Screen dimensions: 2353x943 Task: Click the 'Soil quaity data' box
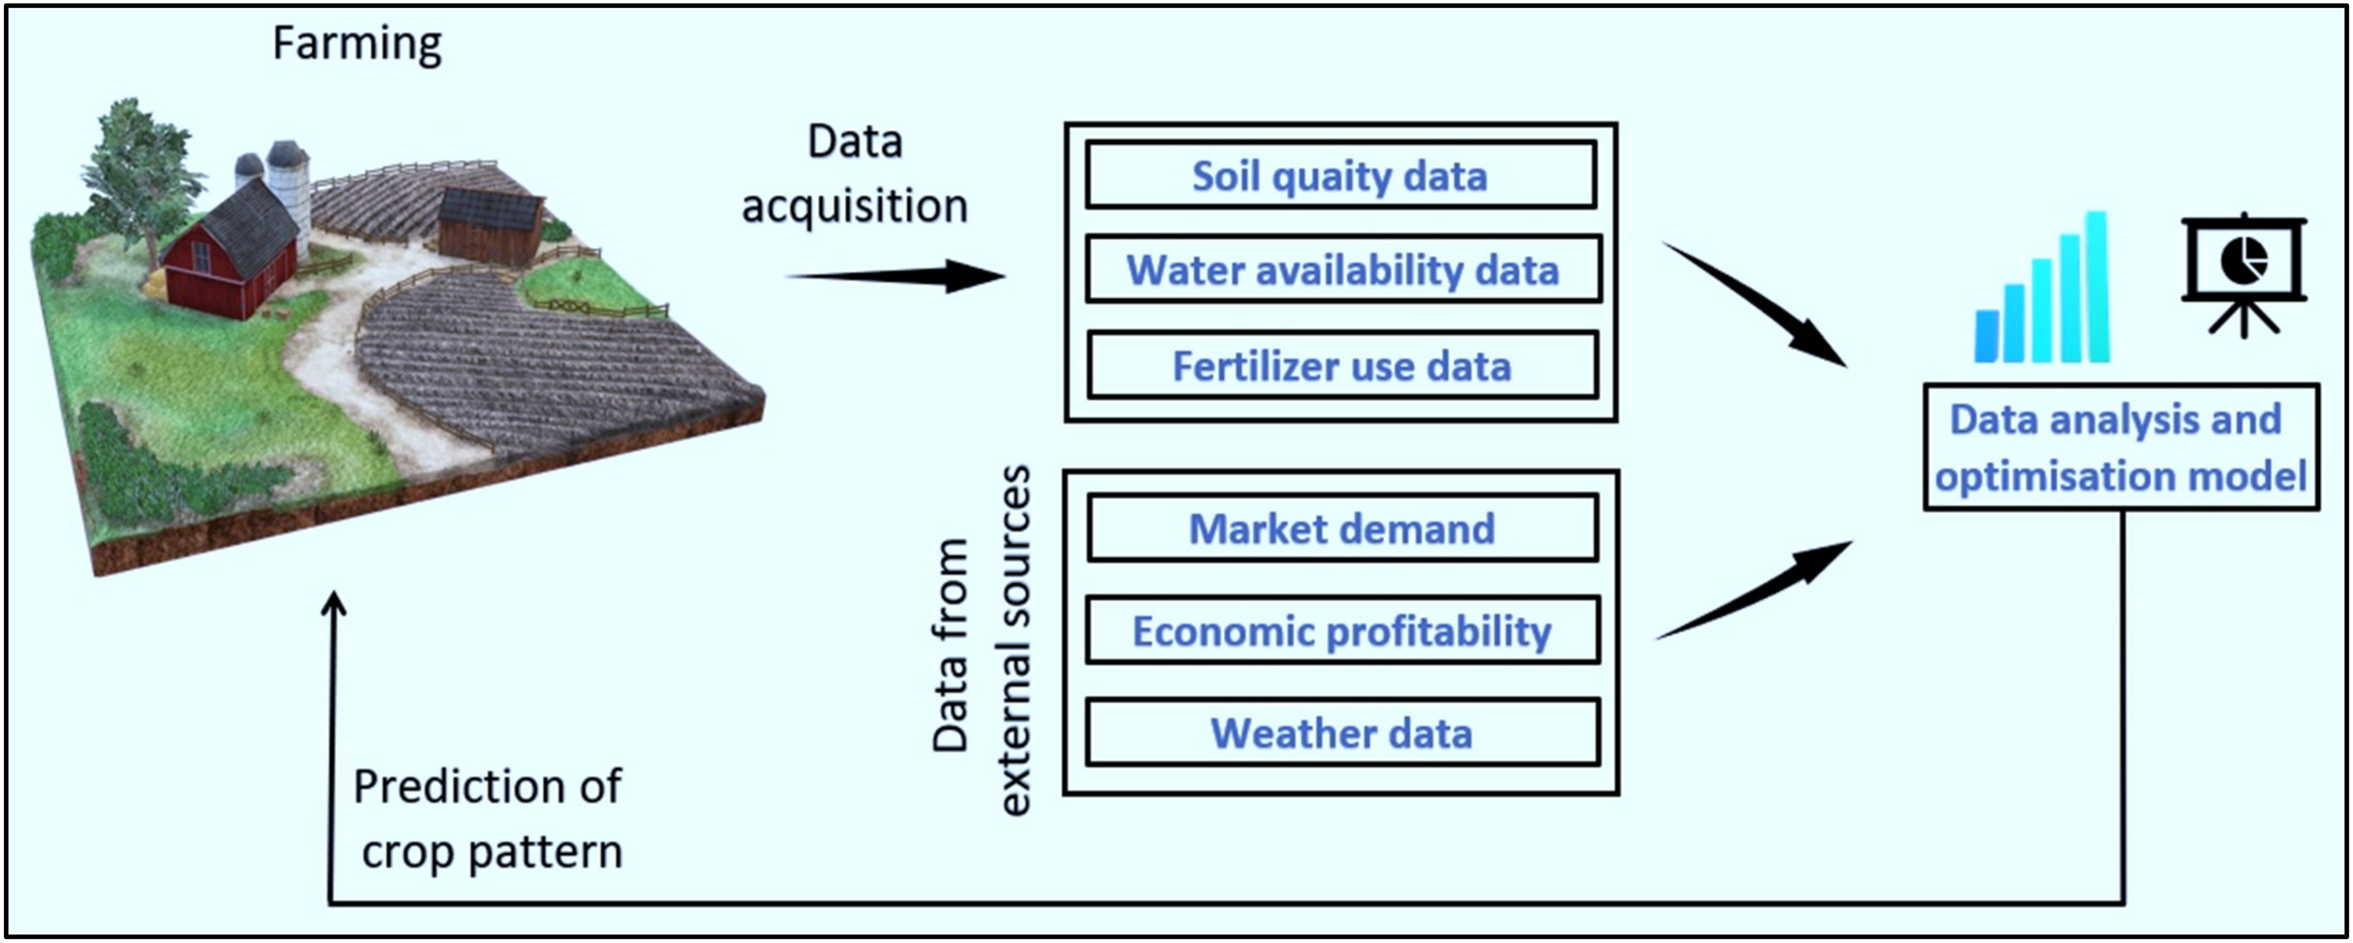click(x=1341, y=174)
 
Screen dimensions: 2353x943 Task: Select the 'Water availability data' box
click(x=1343, y=270)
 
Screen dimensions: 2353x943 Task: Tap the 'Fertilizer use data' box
click(x=1343, y=365)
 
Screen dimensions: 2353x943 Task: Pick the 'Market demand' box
click(x=1343, y=528)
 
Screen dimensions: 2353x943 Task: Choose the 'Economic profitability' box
click(x=1343, y=630)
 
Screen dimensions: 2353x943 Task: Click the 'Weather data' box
click(x=1343, y=733)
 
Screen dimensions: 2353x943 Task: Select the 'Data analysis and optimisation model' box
click(x=2121, y=447)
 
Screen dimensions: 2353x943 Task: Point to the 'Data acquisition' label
click(x=855, y=174)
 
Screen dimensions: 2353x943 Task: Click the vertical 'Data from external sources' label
click(x=981, y=640)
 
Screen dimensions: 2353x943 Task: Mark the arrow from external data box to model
click(x=1754, y=590)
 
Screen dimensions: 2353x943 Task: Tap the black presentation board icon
click(x=2243, y=274)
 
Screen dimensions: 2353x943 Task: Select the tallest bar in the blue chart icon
click(x=2097, y=287)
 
